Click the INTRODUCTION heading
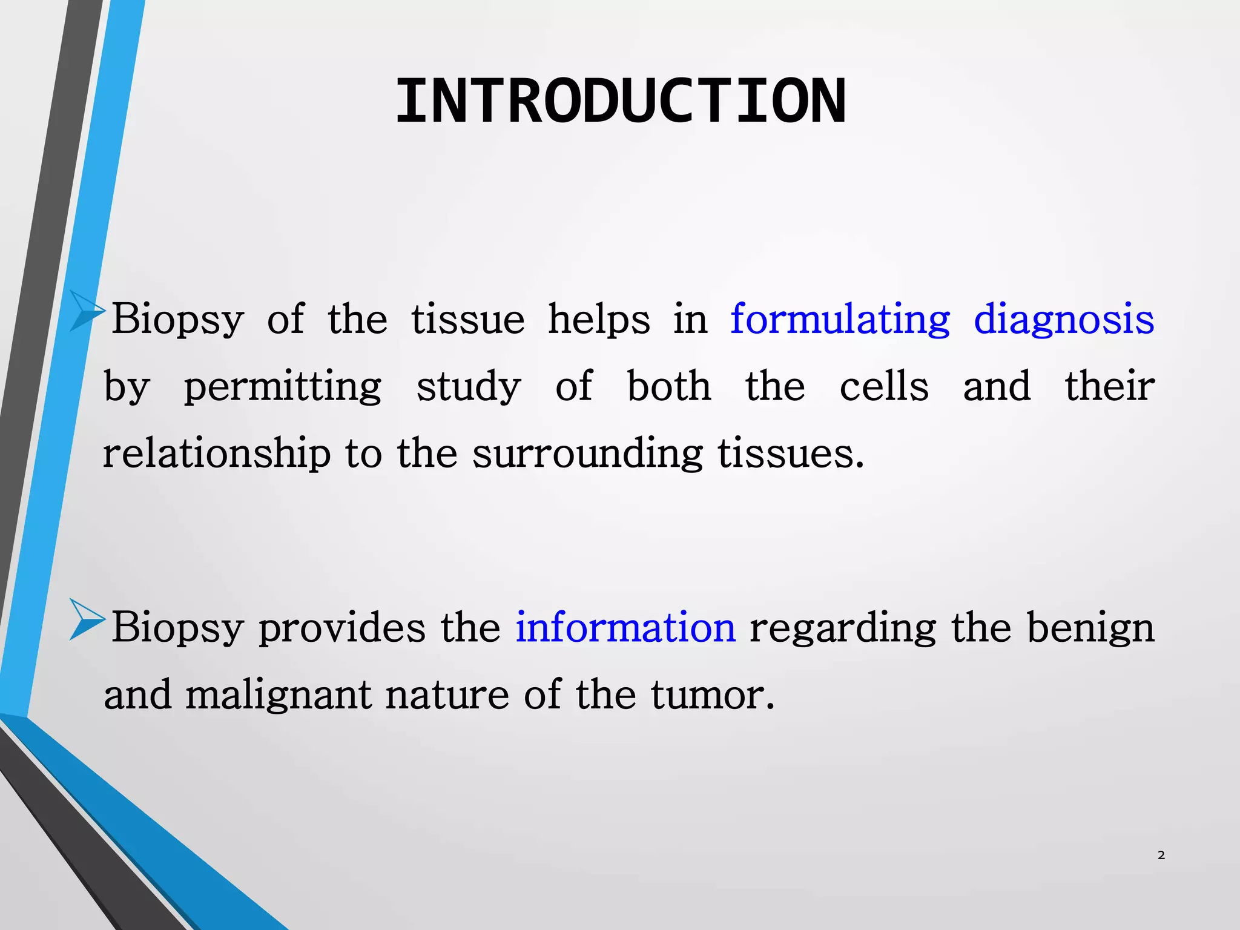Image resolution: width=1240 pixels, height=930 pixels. pos(620,102)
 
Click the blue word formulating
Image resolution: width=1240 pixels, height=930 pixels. pos(840,319)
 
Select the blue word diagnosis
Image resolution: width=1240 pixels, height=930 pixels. pos(1064,319)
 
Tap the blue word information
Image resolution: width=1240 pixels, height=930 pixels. pos(625,627)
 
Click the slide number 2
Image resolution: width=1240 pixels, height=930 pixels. pos(1161,855)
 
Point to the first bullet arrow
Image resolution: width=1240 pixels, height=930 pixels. pos(87,311)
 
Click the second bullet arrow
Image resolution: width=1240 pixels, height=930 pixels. pos(87,619)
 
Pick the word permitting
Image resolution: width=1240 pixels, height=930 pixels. pos(283,387)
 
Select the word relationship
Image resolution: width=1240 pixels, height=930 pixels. pos(217,453)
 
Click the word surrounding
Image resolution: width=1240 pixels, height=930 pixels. pos(587,453)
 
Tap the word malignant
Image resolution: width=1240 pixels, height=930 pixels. pos(278,695)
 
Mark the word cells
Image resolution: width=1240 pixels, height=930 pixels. pos(884,386)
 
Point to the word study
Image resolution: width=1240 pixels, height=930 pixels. pos(469,387)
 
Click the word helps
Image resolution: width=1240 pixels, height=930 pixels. pos(599,319)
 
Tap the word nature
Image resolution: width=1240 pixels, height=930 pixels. pos(447,695)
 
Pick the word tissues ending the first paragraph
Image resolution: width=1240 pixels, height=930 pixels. pos(790,453)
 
